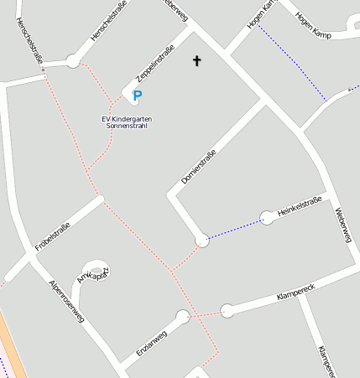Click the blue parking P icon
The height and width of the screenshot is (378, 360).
[x=138, y=96]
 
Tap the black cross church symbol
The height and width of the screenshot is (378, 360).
[x=198, y=60]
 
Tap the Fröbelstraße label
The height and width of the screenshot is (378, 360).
[x=52, y=237]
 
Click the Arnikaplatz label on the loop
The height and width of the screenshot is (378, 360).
[x=93, y=273]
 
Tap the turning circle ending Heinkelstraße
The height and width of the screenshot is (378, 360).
[x=267, y=218]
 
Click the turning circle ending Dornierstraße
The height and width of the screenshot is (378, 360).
[x=201, y=241]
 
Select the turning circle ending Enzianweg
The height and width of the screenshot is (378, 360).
[x=183, y=317]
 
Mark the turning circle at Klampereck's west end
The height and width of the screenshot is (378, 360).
[x=227, y=311]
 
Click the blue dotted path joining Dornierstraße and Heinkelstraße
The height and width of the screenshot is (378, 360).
[x=235, y=229]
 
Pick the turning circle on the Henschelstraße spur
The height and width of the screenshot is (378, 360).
[x=73, y=60]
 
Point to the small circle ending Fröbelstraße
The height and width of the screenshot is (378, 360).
[x=100, y=199]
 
